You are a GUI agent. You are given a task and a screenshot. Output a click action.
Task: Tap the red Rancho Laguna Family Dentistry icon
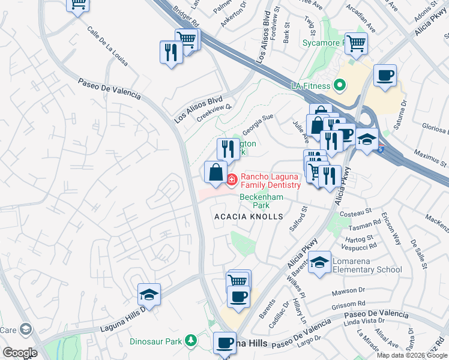[232, 179]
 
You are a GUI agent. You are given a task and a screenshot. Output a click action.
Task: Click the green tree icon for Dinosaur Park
[191, 341]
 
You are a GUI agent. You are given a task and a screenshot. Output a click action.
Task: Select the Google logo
[19, 353]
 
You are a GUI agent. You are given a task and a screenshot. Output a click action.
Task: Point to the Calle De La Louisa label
[107, 45]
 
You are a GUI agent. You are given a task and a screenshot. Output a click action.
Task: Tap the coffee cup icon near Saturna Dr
[384, 76]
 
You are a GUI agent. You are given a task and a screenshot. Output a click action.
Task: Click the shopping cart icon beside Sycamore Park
[356, 43]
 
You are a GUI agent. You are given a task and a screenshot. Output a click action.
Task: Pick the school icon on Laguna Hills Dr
[149, 294]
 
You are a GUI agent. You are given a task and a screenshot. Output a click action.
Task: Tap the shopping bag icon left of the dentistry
[215, 172]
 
